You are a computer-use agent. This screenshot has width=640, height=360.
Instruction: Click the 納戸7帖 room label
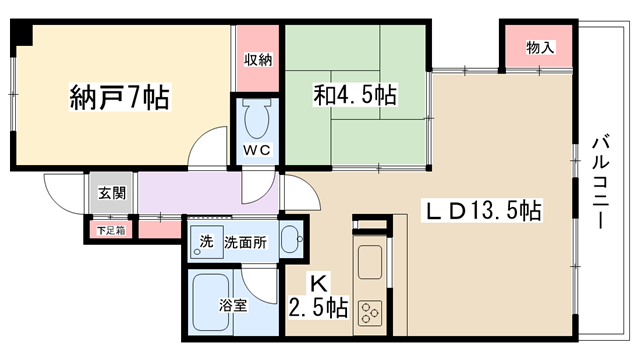coord(120,97)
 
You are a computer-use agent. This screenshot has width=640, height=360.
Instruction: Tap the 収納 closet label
coord(258,60)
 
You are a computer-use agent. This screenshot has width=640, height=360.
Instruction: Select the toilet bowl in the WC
coord(257,118)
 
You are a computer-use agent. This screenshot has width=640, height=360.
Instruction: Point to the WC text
coord(257,150)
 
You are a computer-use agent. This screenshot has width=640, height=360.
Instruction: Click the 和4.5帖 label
coord(355,95)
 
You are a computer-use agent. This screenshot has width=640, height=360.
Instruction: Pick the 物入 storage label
coord(540,48)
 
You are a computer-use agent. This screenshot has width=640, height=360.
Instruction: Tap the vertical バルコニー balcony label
coord(600,184)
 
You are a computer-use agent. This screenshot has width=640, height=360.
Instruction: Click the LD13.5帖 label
coord(483,211)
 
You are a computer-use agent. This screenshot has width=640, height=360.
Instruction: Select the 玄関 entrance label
coord(112,193)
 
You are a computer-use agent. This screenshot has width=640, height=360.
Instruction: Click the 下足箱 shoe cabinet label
coord(111,231)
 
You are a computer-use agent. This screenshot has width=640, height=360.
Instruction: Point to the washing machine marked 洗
coord(207,242)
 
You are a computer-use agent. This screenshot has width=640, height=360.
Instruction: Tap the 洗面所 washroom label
coord(245,242)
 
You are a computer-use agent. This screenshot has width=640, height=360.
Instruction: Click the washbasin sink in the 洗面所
coord(291,239)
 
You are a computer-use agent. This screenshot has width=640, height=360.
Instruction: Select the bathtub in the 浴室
coord(211,302)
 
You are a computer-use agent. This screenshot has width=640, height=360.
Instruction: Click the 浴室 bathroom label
coord(233,305)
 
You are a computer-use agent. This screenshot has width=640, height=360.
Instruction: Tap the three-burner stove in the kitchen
coord(370,313)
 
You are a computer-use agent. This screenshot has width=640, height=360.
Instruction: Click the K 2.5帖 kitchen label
coord(318,296)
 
